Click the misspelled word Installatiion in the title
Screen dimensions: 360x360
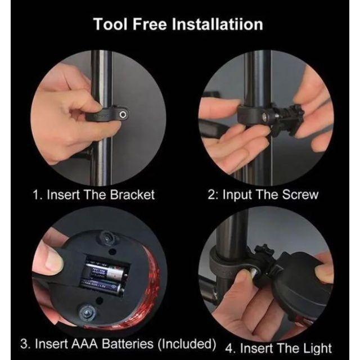click(x=218, y=24)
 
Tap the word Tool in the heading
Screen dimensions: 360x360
click(x=110, y=24)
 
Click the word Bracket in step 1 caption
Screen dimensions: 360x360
click(x=133, y=195)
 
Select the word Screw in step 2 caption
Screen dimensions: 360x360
click(x=300, y=195)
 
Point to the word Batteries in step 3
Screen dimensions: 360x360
click(x=128, y=344)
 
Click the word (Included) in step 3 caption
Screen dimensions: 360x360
click(x=187, y=344)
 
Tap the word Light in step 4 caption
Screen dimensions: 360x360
click(x=317, y=349)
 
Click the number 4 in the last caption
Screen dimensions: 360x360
click(x=229, y=349)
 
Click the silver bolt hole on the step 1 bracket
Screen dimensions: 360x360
click(x=123, y=114)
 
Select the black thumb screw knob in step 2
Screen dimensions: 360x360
click(x=294, y=114)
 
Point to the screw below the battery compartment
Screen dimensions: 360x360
click(x=87, y=312)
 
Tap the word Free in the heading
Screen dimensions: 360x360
click(x=150, y=24)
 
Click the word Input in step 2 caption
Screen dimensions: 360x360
click(x=237, y=195)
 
